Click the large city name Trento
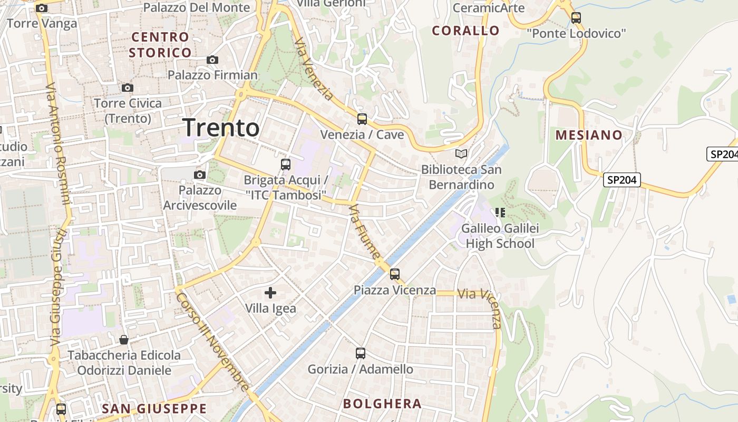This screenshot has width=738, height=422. pos(221,128)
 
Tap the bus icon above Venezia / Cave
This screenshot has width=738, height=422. pos(362,119)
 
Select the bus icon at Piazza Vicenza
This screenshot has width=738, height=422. pos(395,274)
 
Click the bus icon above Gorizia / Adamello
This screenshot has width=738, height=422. pos(361,353)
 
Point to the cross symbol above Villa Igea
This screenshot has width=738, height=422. pos(270,292)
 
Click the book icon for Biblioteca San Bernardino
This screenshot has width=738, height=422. pos(461,154)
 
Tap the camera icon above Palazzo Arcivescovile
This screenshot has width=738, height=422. pos(200,175)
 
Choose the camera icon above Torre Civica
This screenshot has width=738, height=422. pos(128,88)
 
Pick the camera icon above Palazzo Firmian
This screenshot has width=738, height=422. pos(212,60)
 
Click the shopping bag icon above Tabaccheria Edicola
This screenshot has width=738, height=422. pos(124,340)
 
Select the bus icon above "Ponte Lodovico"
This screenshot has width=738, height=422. pos(576,18)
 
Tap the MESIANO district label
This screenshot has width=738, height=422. pos(589,135)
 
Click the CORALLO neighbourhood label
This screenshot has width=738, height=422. pos(465,31)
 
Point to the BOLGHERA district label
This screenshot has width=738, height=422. pos(382,404)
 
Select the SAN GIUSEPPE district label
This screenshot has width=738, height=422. pos(154,409)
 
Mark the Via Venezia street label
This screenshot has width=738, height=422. pos(314,69)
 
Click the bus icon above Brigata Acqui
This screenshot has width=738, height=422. pos(286,165)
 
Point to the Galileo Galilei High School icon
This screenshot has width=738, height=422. pos(500,213)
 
